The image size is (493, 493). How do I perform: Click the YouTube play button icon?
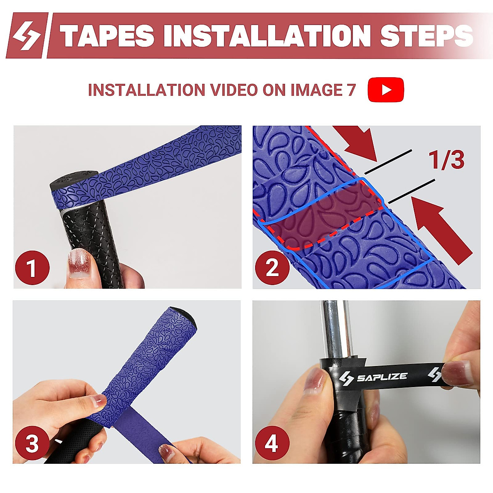(x=386, y=90)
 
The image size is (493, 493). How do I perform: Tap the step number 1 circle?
(x=32, y=267)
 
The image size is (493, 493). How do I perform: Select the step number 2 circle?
(x=272, y=267)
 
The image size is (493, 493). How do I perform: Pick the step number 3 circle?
(x=32, y=443)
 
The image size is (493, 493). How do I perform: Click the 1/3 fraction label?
(x=446, y=159)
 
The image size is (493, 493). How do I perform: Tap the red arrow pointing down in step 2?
(x=355, y=144)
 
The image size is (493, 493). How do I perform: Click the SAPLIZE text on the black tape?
(x=382, y=377)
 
